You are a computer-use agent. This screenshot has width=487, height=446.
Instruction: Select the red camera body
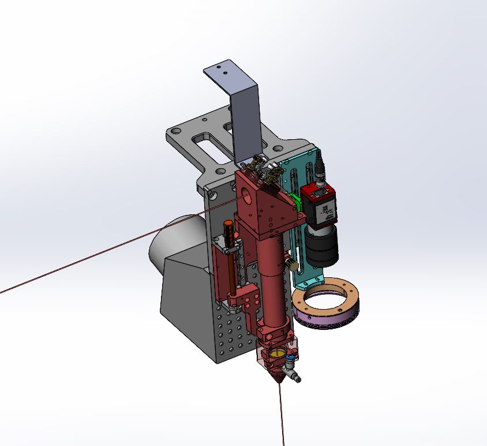click(x=319, y=206)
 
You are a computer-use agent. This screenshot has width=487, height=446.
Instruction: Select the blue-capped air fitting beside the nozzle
click(x=289, y=359)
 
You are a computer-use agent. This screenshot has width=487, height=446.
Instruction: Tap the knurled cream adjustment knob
click(x=294, y=265)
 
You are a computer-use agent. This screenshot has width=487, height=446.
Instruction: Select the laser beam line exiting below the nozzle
click(x=282, y=416)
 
